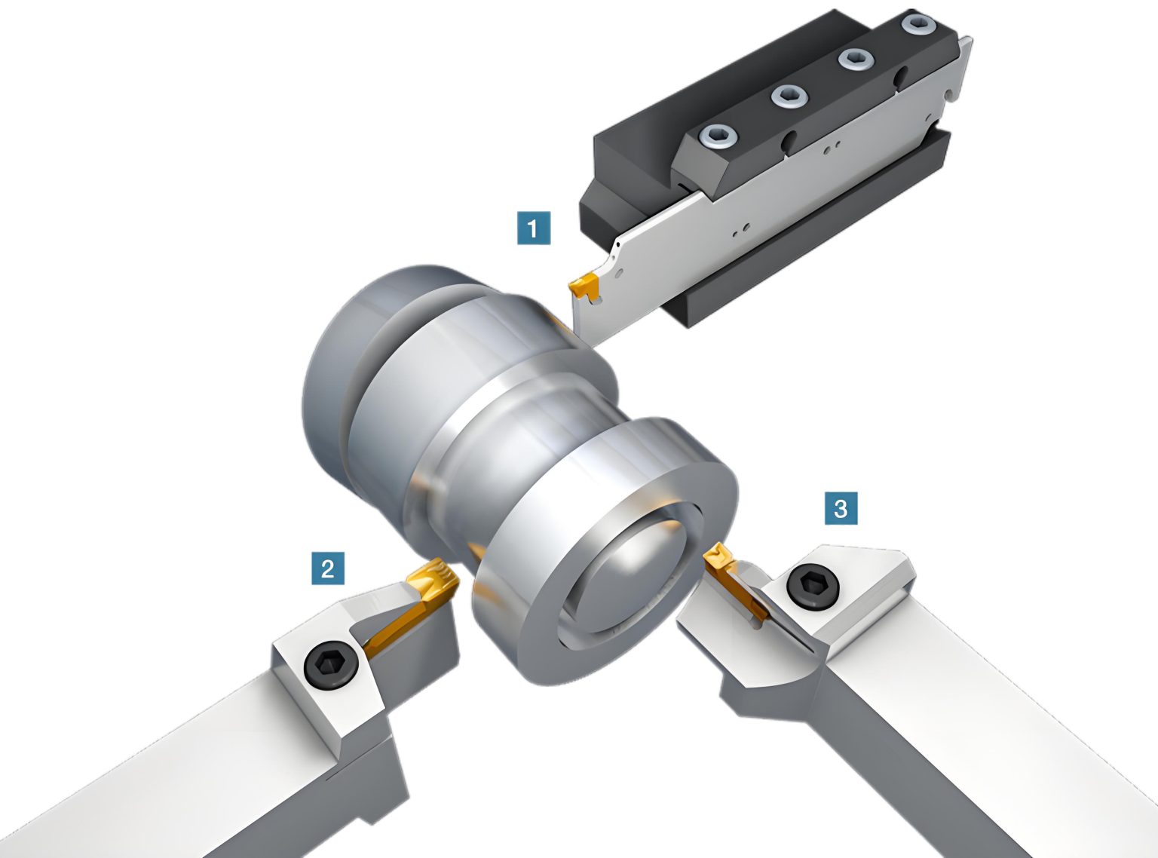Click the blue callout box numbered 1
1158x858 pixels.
tap(534, 228)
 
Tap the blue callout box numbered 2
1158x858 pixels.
tap(328, 568)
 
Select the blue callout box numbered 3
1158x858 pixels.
tap(841, 508)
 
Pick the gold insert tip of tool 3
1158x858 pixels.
tap(716, 559)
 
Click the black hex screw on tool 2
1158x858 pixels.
tap(330, 663)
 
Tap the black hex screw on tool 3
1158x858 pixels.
tap(810, 584)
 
